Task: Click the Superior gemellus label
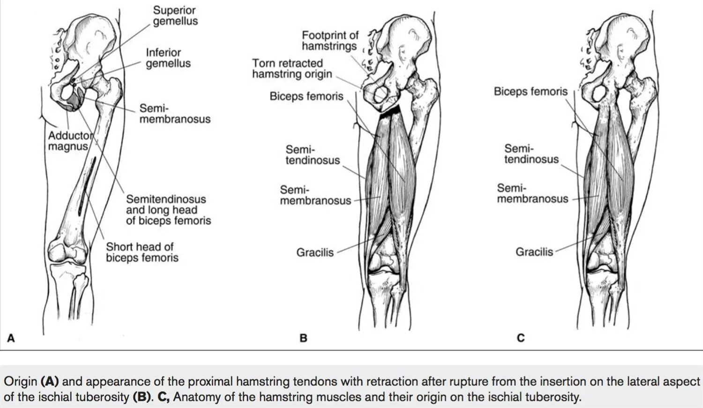coord(175,15)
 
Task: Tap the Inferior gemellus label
coord(168,58)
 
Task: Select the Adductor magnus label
coord(70,141)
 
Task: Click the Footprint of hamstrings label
coord(329,40)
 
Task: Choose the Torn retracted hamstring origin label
coord(292,68)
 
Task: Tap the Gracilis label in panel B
coord(314,252)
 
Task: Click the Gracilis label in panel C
coord(534,252)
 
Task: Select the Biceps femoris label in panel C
coord(530,91)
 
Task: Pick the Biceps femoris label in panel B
coord(306,96)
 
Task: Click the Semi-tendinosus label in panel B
coord(313,155)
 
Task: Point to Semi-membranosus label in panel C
coord(532,193)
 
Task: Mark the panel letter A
coord(11,338)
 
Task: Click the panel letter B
coord(303,338)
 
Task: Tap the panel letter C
coord(521,338)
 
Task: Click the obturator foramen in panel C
coord(598,93)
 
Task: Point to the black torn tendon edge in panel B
coord(390,111)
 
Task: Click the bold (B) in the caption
coord(141,397)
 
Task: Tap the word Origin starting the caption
coord(20,381)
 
